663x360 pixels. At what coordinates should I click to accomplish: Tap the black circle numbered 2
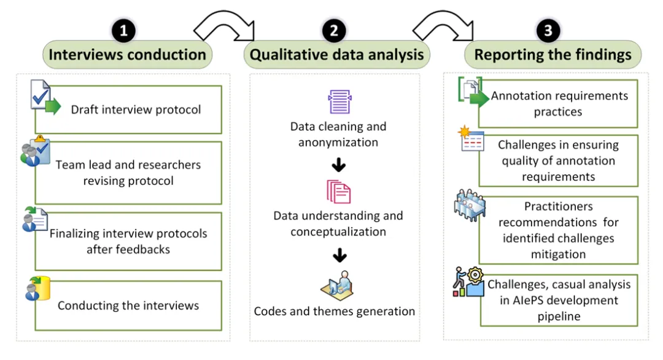coord(334,31)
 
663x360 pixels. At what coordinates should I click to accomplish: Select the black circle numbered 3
coord(548,31)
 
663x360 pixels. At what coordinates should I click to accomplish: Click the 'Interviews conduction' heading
coord(127,55)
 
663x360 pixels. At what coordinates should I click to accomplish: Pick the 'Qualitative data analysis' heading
coord(337,55)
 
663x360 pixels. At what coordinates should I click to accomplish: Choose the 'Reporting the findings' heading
coord(552,55)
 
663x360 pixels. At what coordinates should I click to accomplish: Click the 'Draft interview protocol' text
coord(136,110)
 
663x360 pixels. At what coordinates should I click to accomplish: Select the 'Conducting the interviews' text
coord(128,305)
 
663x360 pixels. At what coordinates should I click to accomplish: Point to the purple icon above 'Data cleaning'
coord(339,101)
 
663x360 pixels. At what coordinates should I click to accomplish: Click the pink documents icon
coord(338,192)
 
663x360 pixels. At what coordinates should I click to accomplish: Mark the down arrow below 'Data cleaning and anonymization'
coord(338,165)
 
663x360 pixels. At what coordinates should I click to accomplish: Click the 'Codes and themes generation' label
coord(335,311)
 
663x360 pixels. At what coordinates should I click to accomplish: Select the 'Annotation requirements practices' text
coord(559,104)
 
